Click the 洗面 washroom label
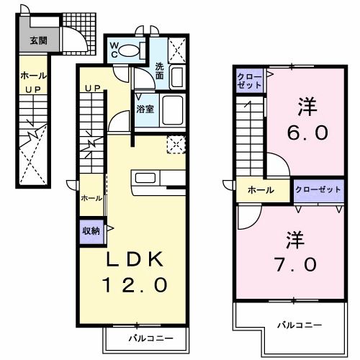pos(161,71)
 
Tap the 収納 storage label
pos(91,230)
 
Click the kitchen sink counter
pos(158,178)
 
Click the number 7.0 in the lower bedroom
pos(294,264)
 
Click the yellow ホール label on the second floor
pos(261,191)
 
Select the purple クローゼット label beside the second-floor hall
pos(317,190)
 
